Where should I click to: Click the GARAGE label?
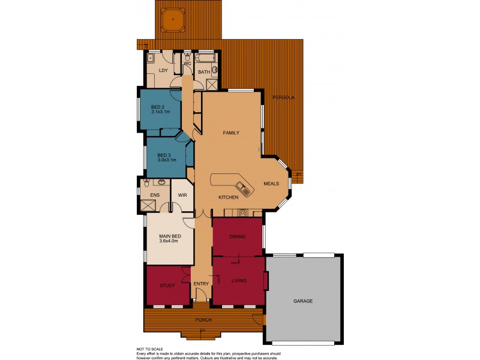point(303,301)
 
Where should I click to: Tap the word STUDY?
point(167,286)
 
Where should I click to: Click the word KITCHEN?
point(229,197)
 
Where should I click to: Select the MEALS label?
point(272,184)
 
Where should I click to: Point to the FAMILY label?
point(231,132)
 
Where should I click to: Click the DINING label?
point(237,236)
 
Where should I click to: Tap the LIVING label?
point(238,280)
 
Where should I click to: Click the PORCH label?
point(203,319)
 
